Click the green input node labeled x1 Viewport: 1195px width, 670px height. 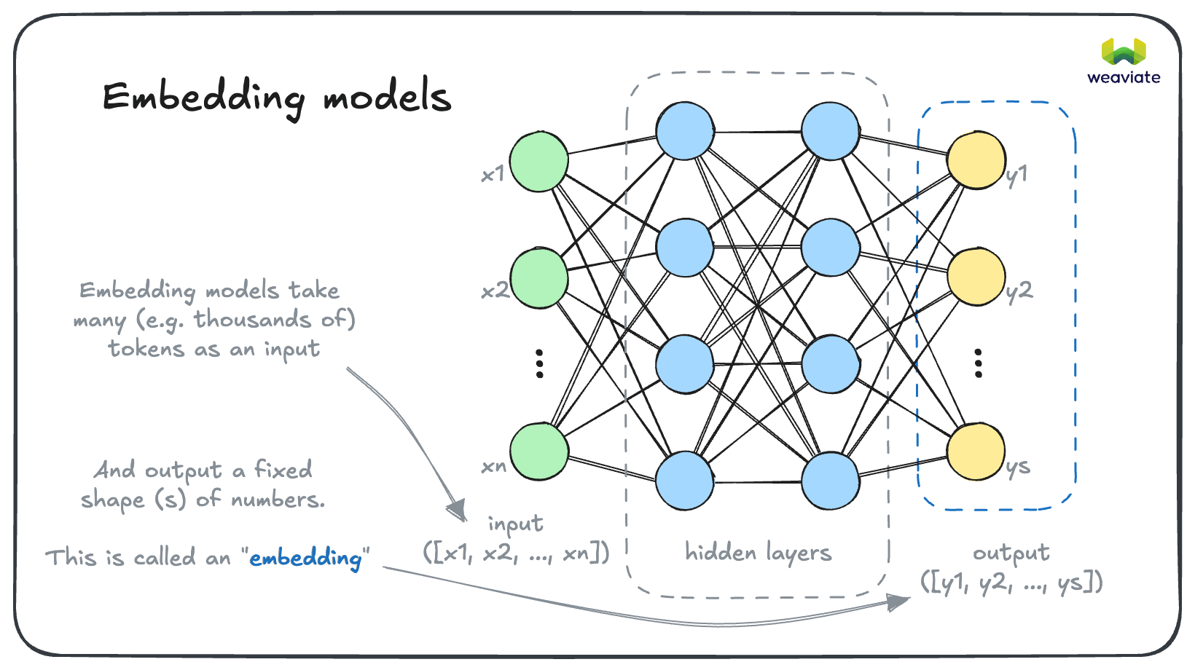pos(538,162)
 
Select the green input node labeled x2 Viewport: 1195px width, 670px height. pos(538,278)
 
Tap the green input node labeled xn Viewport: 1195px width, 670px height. pos(538,451)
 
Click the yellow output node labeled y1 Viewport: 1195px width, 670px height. pos(976,160)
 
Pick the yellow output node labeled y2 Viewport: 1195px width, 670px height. pos(976,277)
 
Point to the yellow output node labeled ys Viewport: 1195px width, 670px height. pos(976,452)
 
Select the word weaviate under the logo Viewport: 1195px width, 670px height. pos(1123,77)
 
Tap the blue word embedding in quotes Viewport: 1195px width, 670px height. pos(305,559)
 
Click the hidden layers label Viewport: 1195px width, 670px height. pos(758,553)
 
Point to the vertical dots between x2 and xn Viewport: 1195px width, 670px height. pos(539,363)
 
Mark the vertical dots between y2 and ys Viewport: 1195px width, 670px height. pos(978,363)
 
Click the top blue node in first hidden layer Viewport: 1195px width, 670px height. pos(684,131)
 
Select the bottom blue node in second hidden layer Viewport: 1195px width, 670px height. pos(830,481)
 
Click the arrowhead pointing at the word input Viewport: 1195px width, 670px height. pos(458,509)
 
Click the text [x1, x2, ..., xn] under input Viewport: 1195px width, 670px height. pos(516,553)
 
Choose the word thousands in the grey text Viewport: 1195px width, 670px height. pos(252,319)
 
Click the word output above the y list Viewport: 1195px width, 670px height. pos(1011,553)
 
